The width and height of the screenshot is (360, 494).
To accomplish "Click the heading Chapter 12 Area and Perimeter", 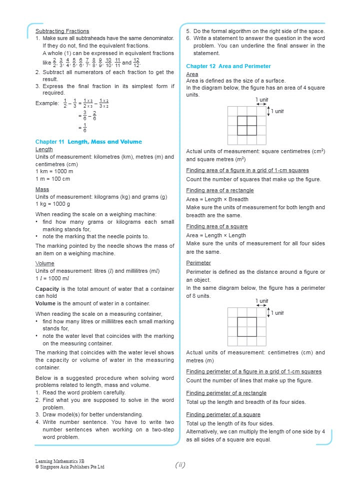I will (x=228, y=66).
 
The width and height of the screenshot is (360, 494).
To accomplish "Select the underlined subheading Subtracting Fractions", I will (x=62, y=31).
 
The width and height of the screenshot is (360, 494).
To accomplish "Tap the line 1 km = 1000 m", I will (x=54, y=171).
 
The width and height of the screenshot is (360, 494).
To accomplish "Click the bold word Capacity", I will (x=48, y=289).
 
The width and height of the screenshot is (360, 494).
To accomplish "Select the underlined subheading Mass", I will (x=42, y=190).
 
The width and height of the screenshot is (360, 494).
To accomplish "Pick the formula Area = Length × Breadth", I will (x=217, y=199).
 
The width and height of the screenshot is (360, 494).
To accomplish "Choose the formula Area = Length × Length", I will (x=216, y=235).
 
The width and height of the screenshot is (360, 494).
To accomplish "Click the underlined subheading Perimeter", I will (x=198, y=263).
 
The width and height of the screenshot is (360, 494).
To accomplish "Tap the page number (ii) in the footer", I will (x=180, y=465).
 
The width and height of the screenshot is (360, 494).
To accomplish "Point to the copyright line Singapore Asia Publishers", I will (x=69, y=467).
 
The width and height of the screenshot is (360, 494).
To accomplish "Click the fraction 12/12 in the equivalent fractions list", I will (x=136, y=63).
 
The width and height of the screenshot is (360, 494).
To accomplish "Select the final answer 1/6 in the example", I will (x=85, y=128).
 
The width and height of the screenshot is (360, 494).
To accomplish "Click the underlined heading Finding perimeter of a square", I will (x=223, y=414).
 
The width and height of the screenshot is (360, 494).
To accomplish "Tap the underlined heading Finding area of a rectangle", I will (x=219, y=190).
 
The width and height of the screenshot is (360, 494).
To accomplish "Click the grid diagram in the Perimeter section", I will (x=247, y=326).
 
